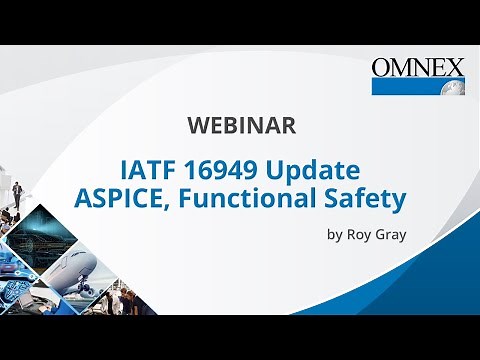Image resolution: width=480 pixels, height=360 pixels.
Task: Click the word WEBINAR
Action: [240, 126]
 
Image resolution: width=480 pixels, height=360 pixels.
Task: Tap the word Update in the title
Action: [314, 167]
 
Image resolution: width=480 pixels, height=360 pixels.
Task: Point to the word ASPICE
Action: [116, 197]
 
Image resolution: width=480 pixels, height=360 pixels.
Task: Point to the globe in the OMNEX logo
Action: [452, 85]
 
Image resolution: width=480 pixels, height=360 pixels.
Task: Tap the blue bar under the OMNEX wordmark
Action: [405, 86]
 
